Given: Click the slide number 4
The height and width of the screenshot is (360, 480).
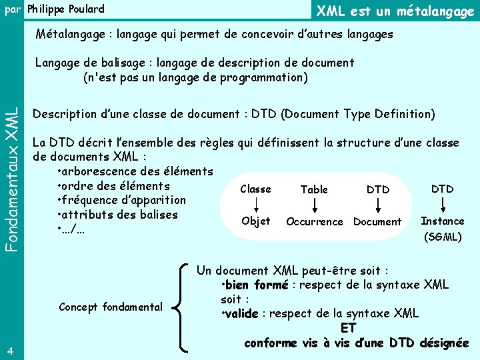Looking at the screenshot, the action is (7, 351).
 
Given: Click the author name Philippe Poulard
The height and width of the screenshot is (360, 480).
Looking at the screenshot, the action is (65, 9).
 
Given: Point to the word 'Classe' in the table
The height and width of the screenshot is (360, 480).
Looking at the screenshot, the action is (255, 189).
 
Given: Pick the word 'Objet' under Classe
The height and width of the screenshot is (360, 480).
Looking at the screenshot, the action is (255, 221).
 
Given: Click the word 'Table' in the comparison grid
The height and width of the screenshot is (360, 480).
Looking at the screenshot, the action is (314, 189).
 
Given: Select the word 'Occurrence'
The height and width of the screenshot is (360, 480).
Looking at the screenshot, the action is (314, 221).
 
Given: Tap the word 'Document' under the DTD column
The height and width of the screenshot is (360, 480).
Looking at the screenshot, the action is (377, 221).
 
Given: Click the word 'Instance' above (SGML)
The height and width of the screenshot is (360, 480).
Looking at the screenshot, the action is (442, 221).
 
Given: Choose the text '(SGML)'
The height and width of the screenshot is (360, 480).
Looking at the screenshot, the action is (442, 237).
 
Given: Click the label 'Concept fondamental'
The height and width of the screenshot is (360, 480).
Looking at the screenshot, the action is (111, 307).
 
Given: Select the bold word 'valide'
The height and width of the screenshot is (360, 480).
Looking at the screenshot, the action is (241, 313).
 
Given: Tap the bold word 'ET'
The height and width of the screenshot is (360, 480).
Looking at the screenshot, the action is (348, 328).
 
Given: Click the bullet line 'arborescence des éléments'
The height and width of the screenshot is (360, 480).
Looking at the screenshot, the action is (135, 172).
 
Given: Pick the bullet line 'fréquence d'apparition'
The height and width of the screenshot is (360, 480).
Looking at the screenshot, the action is (122, 200).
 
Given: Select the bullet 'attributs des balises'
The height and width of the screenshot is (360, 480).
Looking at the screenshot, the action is (118, 215).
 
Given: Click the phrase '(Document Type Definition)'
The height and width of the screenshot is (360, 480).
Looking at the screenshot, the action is (358, 114).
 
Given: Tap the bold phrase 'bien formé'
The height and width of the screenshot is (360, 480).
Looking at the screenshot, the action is (257, 285).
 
